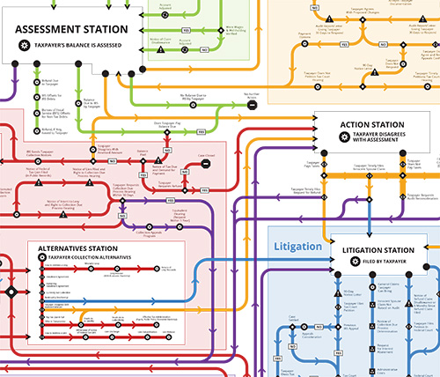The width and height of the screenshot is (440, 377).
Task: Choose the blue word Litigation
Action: pos(297,246)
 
